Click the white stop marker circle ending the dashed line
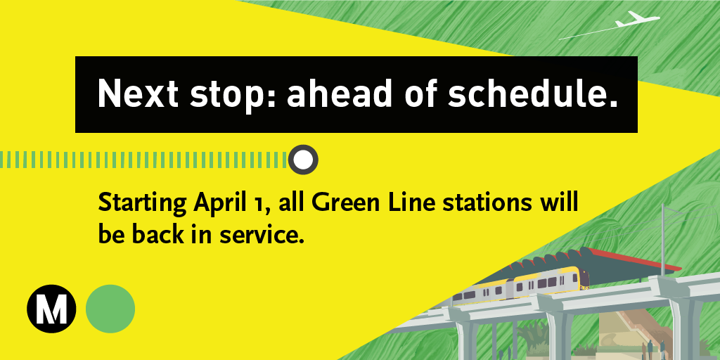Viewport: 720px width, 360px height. point(303,160)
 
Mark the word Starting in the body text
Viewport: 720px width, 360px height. point(141,204)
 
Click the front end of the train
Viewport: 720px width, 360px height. point(582,279)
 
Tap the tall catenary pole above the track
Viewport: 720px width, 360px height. point(663,232)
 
